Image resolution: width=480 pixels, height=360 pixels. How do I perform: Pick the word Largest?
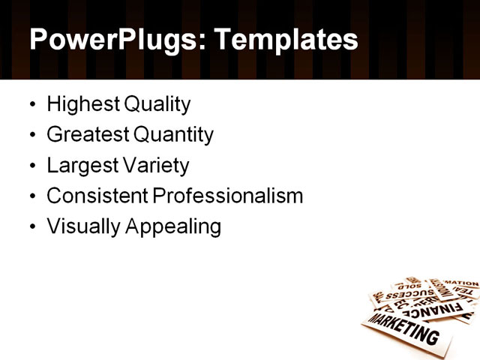click(x=77, y=166)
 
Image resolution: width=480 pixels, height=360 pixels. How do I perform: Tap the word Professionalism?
click(x=228, y=196)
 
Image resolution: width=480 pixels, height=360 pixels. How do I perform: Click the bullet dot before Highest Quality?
click(x=31, y=104)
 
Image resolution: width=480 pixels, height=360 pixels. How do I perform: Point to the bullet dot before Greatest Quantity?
click(x=31, y=135)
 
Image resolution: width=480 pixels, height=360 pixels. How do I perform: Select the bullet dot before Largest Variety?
click(x=31, y=166)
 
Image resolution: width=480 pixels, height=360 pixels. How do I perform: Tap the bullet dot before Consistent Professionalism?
click(x=31, y=196)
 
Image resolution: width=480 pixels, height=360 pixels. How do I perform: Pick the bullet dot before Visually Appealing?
click(x=31, y=227)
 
